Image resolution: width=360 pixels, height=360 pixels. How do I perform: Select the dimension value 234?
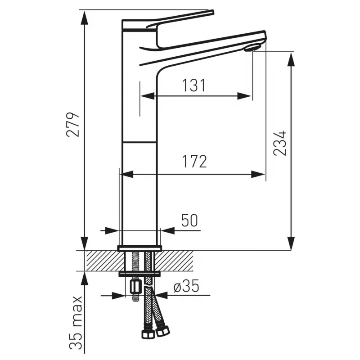click(280, 143)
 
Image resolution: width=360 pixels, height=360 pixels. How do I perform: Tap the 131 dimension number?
click(193, 85)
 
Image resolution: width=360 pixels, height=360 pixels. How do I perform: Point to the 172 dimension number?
click(193, 161)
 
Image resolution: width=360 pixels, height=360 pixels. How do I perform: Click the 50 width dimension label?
click(189, 220)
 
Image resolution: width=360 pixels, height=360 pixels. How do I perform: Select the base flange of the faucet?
click(139, 248)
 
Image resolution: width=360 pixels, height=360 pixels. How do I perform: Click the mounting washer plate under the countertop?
click(139, 273)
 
